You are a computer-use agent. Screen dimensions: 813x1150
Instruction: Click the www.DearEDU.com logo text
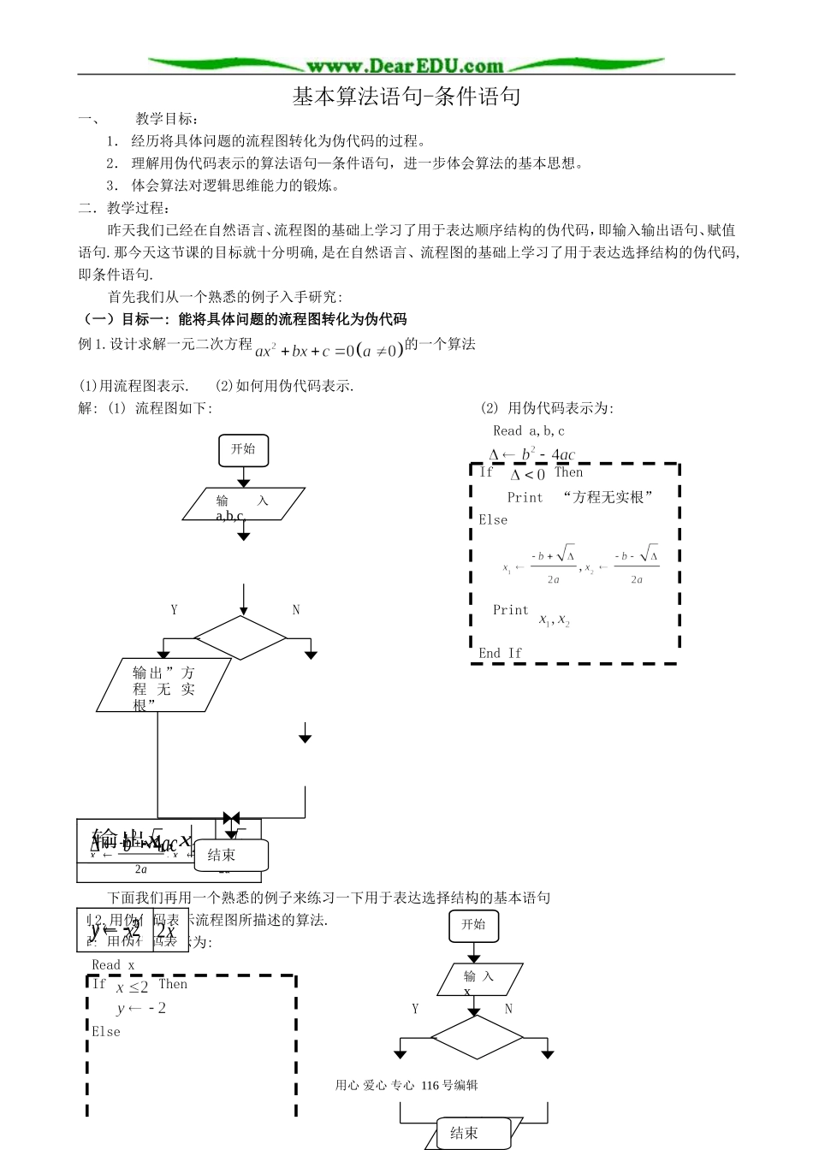coord(405,66)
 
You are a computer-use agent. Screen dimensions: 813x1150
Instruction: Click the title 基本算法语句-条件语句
coord(406,97)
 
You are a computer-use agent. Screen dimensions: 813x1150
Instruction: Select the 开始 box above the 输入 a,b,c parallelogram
coord(243,449)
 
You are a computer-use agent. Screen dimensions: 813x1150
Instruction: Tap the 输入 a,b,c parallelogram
coord(243,504)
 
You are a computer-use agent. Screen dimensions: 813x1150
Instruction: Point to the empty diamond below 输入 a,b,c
coord(240,637)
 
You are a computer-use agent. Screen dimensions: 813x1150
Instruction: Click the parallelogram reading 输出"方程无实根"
coord(163,685)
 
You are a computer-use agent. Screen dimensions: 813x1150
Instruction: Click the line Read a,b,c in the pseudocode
coord(529,431)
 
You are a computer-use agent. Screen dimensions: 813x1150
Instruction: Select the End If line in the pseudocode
coord(501,653)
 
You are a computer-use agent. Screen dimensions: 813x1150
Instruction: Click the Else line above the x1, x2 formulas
coord(493,520)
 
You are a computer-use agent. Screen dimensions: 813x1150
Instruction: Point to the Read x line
coord(113,965)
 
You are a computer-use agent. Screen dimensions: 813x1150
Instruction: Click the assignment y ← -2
coord(141,1009)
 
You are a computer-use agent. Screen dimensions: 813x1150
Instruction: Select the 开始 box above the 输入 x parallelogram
coord(473,925)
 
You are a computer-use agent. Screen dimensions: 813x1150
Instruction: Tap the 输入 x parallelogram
coord(478,980)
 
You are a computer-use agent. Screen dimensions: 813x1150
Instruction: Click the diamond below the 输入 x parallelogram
coord(476,1037)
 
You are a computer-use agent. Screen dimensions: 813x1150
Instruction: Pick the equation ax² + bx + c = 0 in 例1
coord(329,350)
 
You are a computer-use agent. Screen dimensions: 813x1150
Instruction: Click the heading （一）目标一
coord(243,319)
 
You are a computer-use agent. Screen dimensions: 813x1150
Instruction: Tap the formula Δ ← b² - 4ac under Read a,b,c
coord(531,454)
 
